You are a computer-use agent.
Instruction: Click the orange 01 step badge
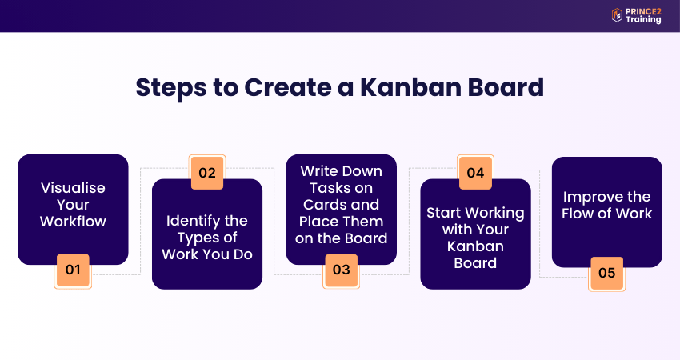click(x=73, y=270)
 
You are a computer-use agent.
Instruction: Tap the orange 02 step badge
click(x=207, y=173)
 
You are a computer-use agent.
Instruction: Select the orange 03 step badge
click(x=342, y=270)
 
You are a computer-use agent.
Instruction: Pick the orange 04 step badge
click(x=475, y=173)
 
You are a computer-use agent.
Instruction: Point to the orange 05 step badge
click(x=606, y=273)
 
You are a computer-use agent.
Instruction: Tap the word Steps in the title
click(x=171, y=89)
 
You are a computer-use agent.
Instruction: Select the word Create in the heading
click(x=287, y=87)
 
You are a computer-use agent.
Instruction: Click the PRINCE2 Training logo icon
click(x=617, y=15)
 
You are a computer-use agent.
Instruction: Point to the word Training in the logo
click(x=643, y=20)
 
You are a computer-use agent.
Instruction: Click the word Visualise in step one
click(x=73, y=188)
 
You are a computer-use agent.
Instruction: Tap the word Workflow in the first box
click(x=73, y=222)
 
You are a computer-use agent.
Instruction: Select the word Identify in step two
click(x=189, y=222)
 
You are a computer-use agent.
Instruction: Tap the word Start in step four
click(x=444, y=213)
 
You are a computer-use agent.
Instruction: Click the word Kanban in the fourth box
click(x=475, y=246)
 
